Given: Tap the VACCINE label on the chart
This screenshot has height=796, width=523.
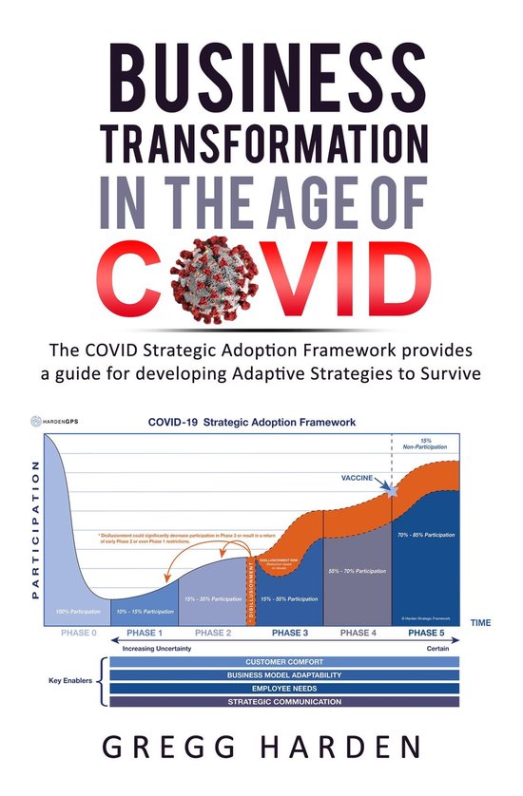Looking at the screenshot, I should [365, 478].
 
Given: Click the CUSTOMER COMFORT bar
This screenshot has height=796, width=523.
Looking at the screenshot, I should [284, 662].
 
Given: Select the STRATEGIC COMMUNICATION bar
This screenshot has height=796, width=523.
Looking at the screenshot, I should [284, 701].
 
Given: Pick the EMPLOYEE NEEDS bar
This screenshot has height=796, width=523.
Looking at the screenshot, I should [284, 688].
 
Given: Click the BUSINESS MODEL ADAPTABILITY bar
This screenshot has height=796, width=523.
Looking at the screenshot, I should [284, 675].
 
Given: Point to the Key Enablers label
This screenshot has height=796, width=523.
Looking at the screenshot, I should [70, 681].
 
